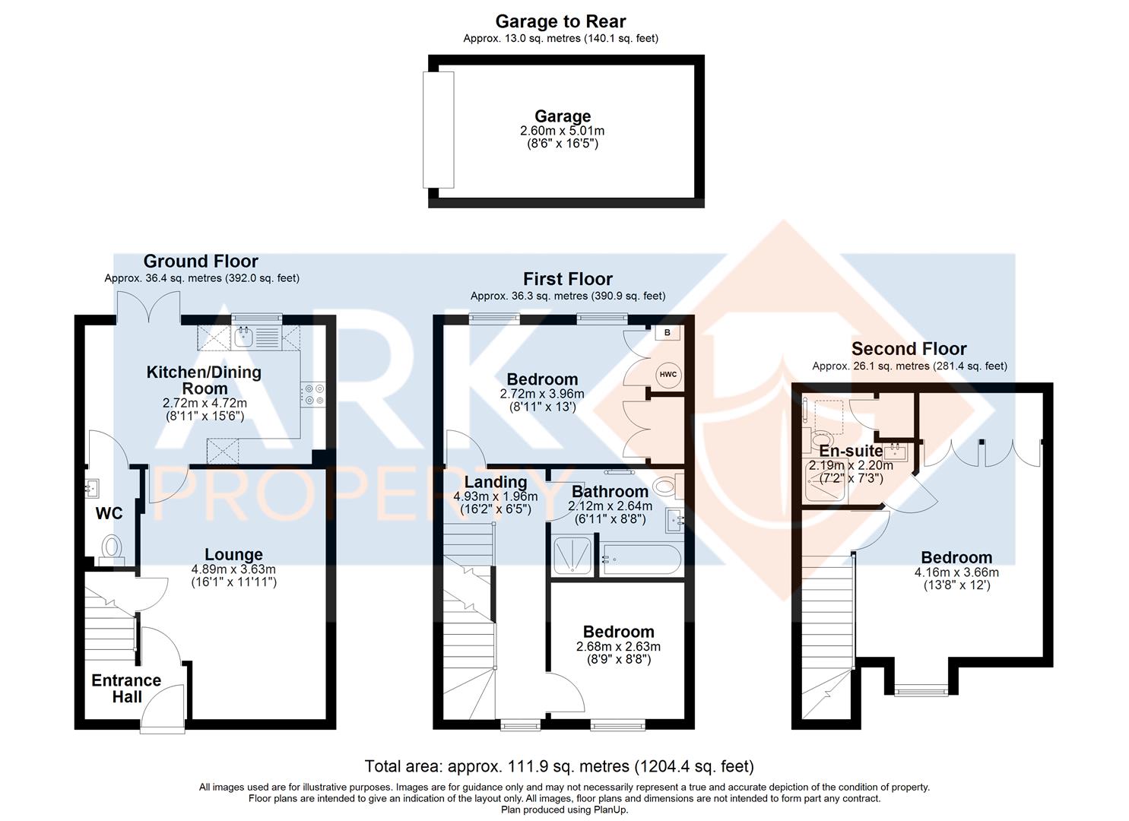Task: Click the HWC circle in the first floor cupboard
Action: point(668,375)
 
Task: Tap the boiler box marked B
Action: point(668,333)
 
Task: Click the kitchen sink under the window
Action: point(243,337)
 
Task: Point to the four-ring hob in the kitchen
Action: point(313,395)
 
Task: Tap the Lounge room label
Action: point(233,554)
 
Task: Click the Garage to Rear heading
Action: point(560,21)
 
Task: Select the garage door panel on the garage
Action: point(438,129)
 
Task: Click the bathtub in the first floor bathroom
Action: point(641,559)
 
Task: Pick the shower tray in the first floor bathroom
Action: point(572,556)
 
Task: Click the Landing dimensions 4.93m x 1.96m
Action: point(496,496)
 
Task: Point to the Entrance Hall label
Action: point(126,689)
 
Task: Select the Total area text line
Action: point(559,766)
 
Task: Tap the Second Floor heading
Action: point(909,349)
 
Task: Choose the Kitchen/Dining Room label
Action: point(204,380)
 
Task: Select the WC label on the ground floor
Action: point(109,513)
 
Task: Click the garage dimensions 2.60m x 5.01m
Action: point(563,131)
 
